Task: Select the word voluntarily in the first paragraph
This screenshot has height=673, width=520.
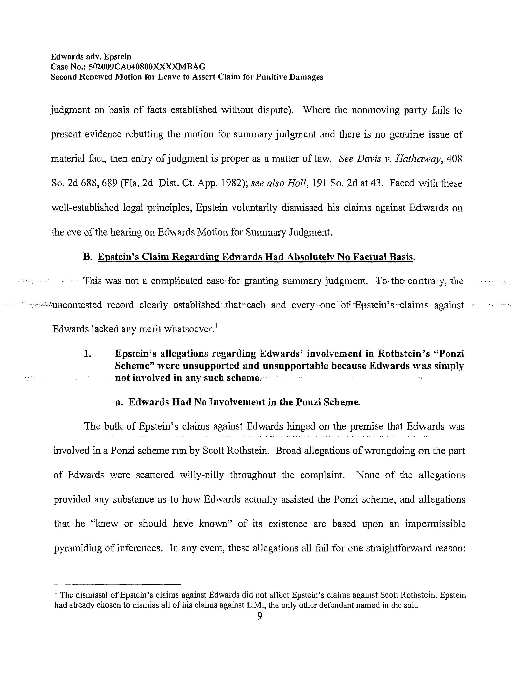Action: pos(254,208)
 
